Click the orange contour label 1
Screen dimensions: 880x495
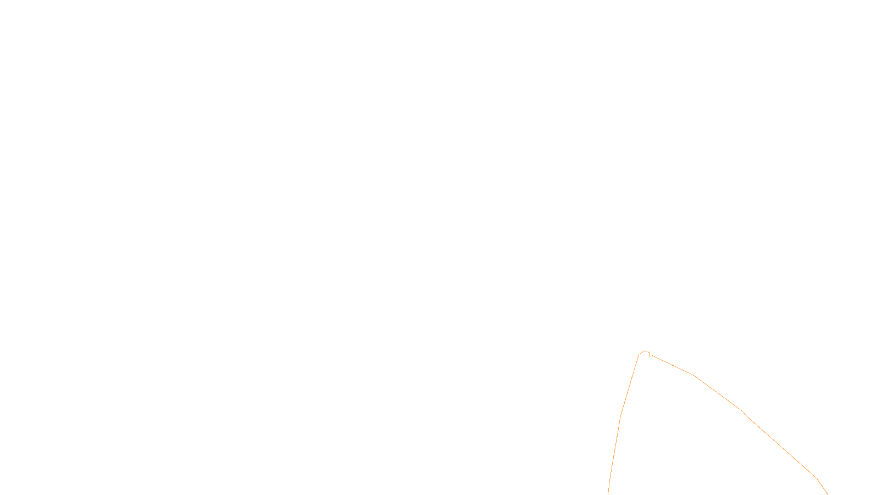point(649,354)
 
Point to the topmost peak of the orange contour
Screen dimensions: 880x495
point(644,351)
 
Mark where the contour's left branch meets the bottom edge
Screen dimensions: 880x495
point(608,494)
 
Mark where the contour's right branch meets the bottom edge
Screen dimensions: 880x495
point(827,494)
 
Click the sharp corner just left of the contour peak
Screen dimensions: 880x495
point(639,355)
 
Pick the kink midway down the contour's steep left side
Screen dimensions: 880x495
point(621,415)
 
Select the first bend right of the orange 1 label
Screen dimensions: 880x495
point(695,376)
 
